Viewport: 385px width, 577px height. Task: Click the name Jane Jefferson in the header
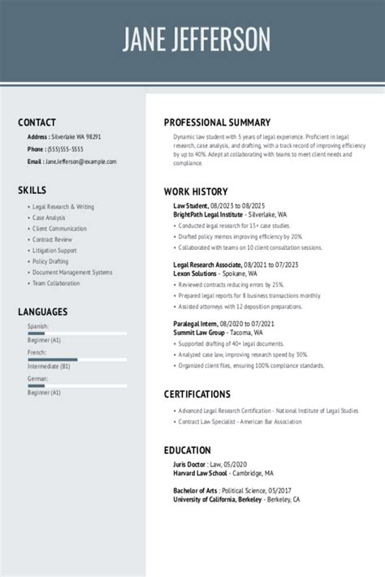[196, 39]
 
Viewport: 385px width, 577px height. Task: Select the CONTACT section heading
[37, 123]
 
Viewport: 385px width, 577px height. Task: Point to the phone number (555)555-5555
[65, 149]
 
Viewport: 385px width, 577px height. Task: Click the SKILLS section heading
[32, 190]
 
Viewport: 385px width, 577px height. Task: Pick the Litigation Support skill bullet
[54, 251]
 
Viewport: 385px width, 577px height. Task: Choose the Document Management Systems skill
[72, 273]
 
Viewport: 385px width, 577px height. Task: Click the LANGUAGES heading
[43, 312]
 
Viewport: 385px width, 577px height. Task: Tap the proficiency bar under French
[77, 360]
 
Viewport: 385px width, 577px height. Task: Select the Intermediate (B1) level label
[49, 366]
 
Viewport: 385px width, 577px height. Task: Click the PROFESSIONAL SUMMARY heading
[217, 123]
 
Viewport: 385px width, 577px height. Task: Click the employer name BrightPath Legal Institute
[208, 214]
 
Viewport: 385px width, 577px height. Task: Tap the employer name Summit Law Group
[199, 333]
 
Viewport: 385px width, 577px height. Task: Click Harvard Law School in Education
[199, 473]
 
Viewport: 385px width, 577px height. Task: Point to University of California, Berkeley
[217, 500]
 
